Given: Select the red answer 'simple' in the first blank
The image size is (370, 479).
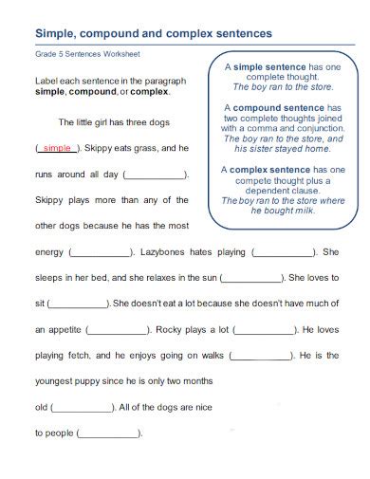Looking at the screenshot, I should [57, 149].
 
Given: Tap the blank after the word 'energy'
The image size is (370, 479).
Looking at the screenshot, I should [102, 253].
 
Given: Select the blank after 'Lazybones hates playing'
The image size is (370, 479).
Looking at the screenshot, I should [284, 253].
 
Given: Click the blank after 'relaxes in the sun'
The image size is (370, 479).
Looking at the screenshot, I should [251, 279].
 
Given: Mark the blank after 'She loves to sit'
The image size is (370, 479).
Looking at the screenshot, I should [79, 304].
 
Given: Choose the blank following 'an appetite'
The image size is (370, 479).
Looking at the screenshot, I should [117, 330].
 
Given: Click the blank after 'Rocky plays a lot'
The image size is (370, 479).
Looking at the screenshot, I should [265, 330].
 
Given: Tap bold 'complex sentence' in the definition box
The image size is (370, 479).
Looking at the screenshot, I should [269, 170].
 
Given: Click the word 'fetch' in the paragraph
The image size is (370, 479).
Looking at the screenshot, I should [76, 356].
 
